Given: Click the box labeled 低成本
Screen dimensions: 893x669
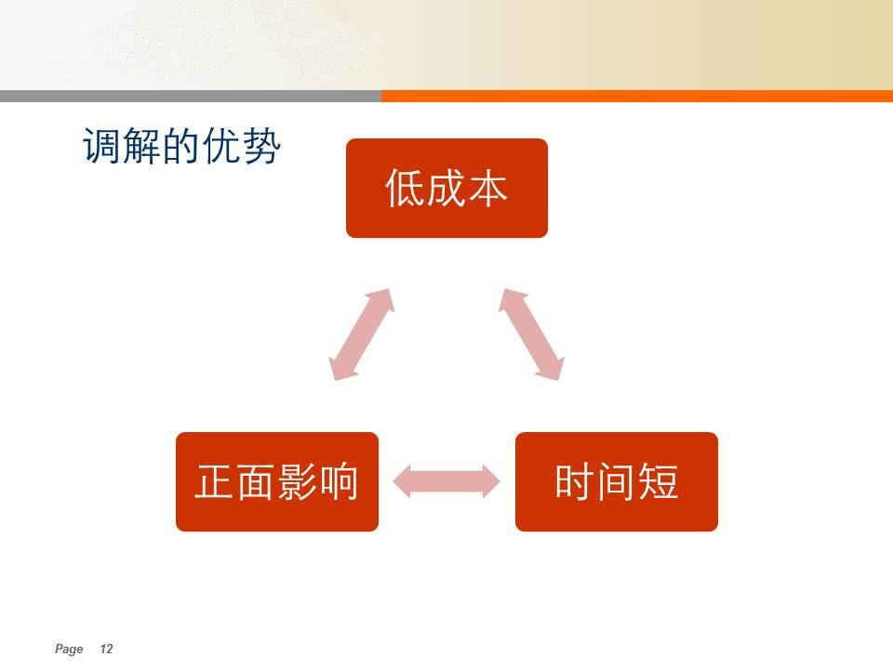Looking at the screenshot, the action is pos(446,189).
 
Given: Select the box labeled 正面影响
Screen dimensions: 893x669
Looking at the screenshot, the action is pos(277,482).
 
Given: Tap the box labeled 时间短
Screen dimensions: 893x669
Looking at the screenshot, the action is pos(616,482).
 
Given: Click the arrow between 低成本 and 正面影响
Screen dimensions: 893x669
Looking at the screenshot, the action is pos(362,334).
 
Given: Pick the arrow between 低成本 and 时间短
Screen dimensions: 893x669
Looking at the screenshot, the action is pos(531,334).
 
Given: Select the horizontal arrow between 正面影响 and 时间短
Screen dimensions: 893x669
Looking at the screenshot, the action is pos(446,482).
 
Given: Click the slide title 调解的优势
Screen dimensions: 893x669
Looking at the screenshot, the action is pos(181,146).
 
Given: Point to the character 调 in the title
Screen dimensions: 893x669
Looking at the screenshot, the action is pos(102,146).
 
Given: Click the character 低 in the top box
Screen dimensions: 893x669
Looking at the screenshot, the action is pos(405,189).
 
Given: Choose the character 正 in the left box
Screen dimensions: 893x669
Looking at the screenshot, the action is pos(215,482).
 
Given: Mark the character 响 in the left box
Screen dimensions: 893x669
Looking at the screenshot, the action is pos(339,482).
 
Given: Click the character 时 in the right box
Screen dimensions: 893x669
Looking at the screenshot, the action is pos(575,482).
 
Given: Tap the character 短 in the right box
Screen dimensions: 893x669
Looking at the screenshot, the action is pos(658,482).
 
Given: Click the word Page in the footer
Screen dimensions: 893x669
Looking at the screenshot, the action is pos(69,649).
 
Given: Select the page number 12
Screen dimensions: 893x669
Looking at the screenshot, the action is pos(106,649).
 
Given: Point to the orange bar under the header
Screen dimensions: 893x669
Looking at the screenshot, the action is pos(636,96).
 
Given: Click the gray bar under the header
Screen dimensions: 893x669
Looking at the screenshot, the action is pos(190,96).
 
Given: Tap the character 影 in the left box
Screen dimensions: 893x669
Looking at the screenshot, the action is pos(298,482).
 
